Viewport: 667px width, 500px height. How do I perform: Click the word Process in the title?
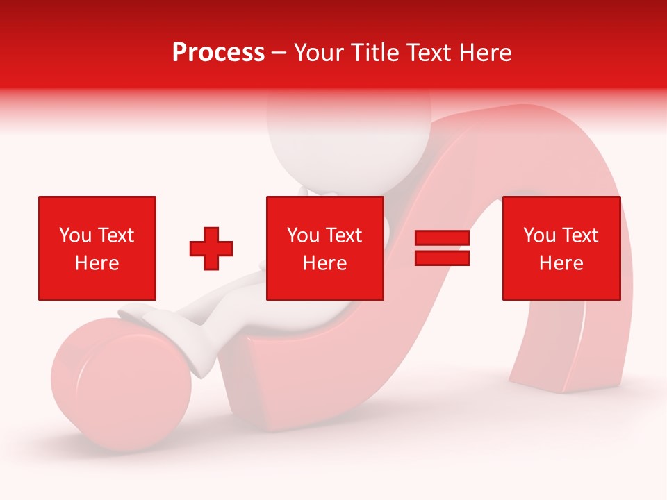coord(218,53)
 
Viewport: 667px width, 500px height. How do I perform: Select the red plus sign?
coord(211,249)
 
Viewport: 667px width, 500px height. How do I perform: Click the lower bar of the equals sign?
coord(443,258)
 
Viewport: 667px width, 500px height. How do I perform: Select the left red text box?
coord(97,248)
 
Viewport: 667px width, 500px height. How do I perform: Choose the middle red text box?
coord(325,248)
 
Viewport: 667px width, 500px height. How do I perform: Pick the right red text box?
coord(561,248)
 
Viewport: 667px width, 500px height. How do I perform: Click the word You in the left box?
coord(75,235)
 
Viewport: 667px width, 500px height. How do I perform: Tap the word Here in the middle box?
coord(325,263)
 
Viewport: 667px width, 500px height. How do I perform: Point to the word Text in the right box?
coord(581,235)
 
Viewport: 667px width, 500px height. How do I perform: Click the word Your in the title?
coord(320,53)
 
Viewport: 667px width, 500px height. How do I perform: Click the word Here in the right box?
coord(561,263)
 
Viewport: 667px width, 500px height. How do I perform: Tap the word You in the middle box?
coord(303,235)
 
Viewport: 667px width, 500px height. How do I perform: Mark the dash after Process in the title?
coord(279,53)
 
